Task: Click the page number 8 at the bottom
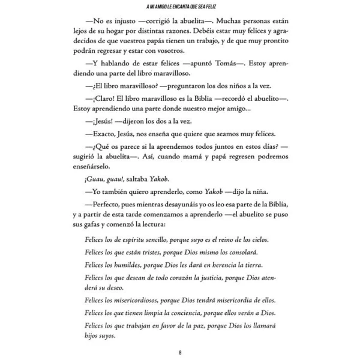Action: pyautogui.click(x=180, y=352)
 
